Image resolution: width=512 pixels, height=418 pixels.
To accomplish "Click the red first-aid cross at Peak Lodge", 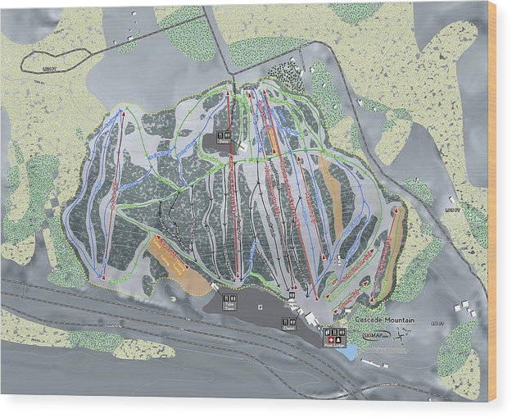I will click(330, 338).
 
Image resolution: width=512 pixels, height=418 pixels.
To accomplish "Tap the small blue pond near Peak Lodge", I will click(351, 352).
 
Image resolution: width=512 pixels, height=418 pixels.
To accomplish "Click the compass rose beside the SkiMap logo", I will click(402, 333).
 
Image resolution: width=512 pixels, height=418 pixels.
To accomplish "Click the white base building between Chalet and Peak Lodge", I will click(312, 316).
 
